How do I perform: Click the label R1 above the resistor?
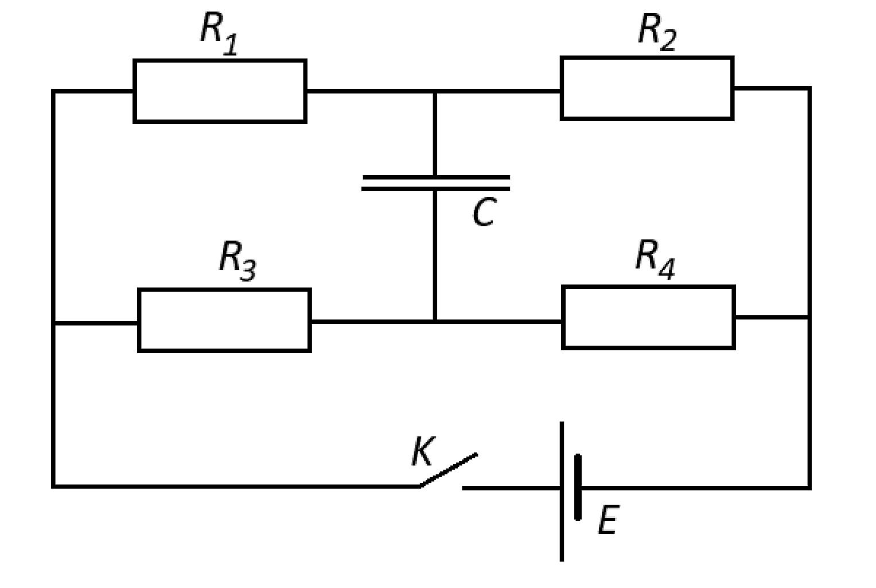tap(219, 34)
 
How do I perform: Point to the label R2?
tap(657, 32)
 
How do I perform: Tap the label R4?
tap(656, 260)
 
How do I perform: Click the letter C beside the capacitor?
tap(484, 212)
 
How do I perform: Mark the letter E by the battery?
tap(609, 520)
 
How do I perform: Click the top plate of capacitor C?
tap(437, 177)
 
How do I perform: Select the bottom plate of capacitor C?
tap(435, 189)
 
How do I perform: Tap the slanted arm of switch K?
tap(449, 470)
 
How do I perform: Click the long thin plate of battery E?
tap(562, 492)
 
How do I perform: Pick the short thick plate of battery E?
tap(578, 487)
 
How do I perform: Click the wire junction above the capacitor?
tap(435, 92)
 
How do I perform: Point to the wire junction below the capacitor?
tap(435, 322)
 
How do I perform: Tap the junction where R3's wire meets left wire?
tap(53, 323)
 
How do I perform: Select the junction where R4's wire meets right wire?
tap(809, 318)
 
